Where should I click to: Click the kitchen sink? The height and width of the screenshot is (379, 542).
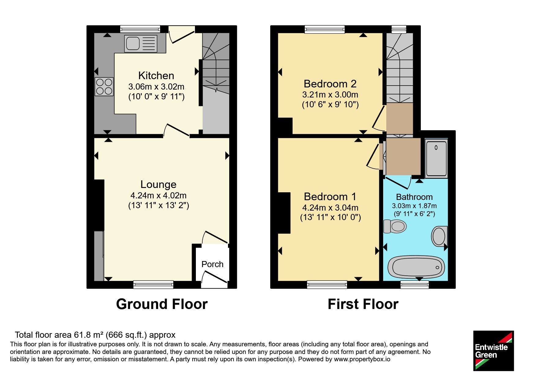[141, 43]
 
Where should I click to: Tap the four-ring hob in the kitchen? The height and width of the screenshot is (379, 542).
[104, 86]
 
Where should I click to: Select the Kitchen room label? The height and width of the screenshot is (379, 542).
[156, 75]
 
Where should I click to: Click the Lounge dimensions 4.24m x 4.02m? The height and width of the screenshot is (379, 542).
[159, 195]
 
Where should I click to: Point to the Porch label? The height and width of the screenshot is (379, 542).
[212, 264]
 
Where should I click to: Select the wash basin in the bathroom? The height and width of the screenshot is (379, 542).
[439, 236]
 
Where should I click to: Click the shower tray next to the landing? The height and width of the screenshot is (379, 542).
[436, 158]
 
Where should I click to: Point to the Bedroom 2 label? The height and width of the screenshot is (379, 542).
[330, 83]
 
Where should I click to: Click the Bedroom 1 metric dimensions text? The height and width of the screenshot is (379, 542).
[330, 208]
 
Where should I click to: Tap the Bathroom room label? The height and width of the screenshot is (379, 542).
[414, 197]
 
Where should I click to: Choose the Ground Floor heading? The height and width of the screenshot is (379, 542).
[162, 304]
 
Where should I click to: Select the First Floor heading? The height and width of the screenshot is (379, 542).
[363, 304]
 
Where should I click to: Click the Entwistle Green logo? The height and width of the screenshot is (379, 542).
[493, 351]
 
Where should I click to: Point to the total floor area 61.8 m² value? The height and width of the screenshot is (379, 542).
[89, 335]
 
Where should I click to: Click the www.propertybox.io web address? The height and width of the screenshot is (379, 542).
[362, 359]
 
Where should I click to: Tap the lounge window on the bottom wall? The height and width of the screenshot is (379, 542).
[153, 285]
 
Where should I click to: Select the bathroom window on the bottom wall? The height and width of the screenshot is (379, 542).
[415, 285]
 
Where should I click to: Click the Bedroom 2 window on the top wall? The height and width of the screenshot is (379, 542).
[325, 29]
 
